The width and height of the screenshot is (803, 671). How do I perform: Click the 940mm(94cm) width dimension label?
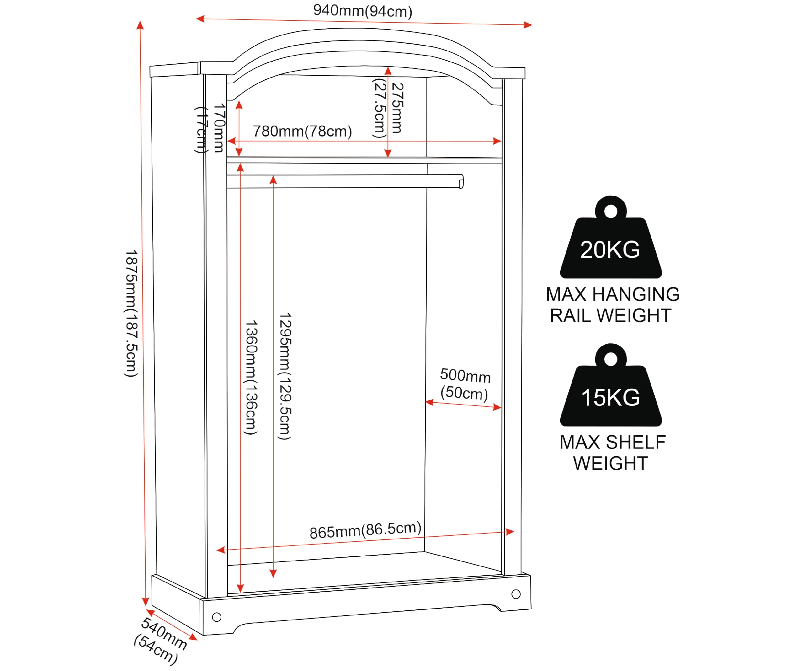click(363, 11)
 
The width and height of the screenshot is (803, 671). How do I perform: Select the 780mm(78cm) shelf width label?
click(302, 131)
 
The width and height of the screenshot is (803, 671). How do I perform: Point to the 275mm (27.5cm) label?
click(388, 108)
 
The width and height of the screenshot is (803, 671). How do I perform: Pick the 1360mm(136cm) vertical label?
click(251, 378)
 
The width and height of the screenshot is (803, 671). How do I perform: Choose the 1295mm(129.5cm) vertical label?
click(285, 376)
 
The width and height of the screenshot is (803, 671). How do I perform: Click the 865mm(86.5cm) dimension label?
click(365, 530)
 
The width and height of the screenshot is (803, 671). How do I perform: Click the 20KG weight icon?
click(611, 237)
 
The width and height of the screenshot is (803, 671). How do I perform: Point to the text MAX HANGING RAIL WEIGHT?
click(613, 305)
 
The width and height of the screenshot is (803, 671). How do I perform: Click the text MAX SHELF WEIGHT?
click(613, 453)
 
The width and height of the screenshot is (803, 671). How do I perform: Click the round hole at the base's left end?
click(216, 617)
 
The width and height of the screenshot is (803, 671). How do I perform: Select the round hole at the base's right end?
click(516, 594)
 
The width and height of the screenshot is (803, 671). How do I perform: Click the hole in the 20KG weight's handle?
click(611, 211)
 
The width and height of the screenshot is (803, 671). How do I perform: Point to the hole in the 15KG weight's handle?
click(611, 359)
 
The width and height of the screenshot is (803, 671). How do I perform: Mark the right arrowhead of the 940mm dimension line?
click(528, 25)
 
